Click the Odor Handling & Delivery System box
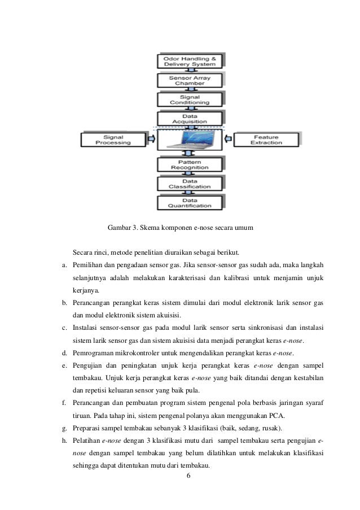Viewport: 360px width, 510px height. pyautogui.click(x=188, y=60)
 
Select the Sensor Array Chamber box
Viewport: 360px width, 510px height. pyautogui.click(x=188, y=80)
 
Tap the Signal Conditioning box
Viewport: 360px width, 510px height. pyautogui.click(x=188, y=99)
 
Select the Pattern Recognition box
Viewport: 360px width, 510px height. pyautogui.click(x=188, y=164)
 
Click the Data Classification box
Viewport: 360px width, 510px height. pyautogui.click(x=188, y=183)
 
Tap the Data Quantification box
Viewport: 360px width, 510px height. pyautogui.click(x=188, y=203)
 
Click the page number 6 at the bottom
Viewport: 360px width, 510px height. pyautogui.click(x=188, y=476)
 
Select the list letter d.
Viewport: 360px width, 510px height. pyautogui.click(x=64, y=354)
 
